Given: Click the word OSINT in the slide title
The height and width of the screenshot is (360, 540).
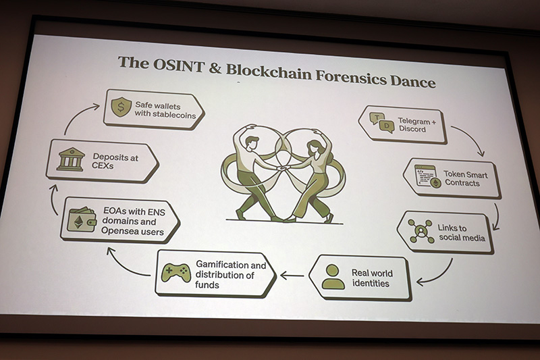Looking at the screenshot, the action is (178, 66).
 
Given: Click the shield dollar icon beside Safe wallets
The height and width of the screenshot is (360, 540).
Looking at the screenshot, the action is (121, 107).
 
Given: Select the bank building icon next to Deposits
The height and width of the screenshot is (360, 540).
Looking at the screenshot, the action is (71, 159).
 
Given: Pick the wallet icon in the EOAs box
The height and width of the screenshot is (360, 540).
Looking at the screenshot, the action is (81, 220).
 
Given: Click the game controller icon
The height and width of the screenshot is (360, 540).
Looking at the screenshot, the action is (176, 272).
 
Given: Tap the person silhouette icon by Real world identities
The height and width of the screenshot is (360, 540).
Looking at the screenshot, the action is (333, 277).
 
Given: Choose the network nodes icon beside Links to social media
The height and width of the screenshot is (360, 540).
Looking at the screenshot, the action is (421, 230).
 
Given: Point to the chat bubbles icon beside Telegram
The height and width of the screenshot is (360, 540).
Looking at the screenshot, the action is (382, 123).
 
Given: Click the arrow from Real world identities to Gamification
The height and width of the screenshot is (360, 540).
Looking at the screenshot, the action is (292, 276).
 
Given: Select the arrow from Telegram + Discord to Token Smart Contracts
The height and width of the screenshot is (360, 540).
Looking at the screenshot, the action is (471, 138).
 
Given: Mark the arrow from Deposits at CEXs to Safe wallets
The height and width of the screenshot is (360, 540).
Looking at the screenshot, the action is (76, 115).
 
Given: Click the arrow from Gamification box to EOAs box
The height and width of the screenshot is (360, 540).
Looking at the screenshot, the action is (125, 265).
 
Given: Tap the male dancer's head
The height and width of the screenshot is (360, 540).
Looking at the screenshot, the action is (252, 142).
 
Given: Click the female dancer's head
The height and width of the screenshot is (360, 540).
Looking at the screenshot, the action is (315, 147).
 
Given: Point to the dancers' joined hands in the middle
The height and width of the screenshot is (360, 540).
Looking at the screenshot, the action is (283, 168).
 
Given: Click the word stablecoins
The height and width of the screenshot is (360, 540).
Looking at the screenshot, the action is (174, 115).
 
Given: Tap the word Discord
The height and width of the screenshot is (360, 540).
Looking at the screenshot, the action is (412, 129).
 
